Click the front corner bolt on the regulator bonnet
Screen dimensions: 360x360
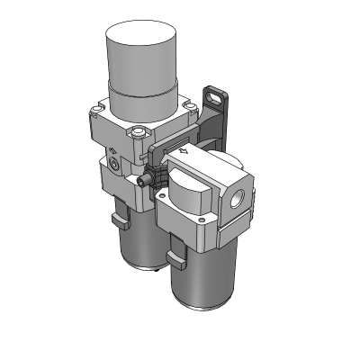tap(136, 136)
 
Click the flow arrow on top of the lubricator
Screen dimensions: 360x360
tap(184, 154)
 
